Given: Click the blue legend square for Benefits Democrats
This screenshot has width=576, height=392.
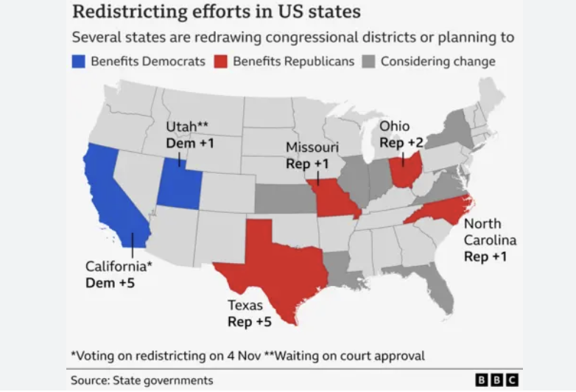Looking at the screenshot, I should click(78, 61).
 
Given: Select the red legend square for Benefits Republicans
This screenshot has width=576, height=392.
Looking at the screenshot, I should click(220, 61).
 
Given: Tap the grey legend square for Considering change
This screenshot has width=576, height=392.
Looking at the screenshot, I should click(368, 61).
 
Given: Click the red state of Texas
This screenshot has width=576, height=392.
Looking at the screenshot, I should click(276, 269).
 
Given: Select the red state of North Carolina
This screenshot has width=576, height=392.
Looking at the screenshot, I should click(435, 211).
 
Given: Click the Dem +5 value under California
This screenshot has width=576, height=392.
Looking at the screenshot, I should click(110, 282).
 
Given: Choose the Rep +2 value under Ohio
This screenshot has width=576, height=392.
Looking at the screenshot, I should click(401, 141).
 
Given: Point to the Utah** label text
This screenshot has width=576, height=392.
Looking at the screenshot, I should click(189, 127).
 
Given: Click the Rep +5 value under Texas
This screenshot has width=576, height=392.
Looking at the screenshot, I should click(250, 321).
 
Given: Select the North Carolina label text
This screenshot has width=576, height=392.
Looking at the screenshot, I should click(489, 232).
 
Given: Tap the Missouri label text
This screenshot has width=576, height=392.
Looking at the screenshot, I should click(312, 147).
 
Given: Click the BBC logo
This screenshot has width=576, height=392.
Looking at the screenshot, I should click(496, 379).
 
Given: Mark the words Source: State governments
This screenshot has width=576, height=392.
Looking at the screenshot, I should click(141, 380).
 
